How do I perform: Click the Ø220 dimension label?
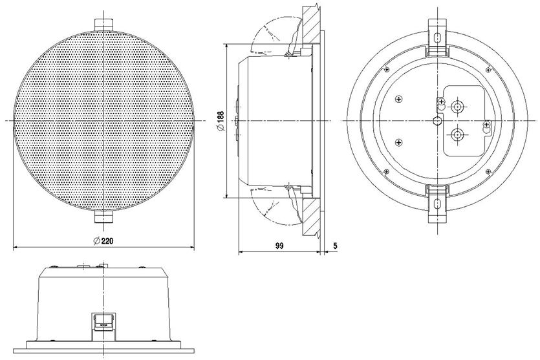pos(103,240)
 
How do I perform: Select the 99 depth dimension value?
pos(279,246)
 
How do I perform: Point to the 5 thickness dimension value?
pos(336,246)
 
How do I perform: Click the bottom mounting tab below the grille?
pos(103,216)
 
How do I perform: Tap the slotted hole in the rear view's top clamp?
pos(437,37)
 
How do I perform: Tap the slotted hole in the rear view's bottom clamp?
pos(437,204)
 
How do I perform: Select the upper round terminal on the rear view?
pos(457,107)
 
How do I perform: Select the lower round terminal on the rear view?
pos(457,134)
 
